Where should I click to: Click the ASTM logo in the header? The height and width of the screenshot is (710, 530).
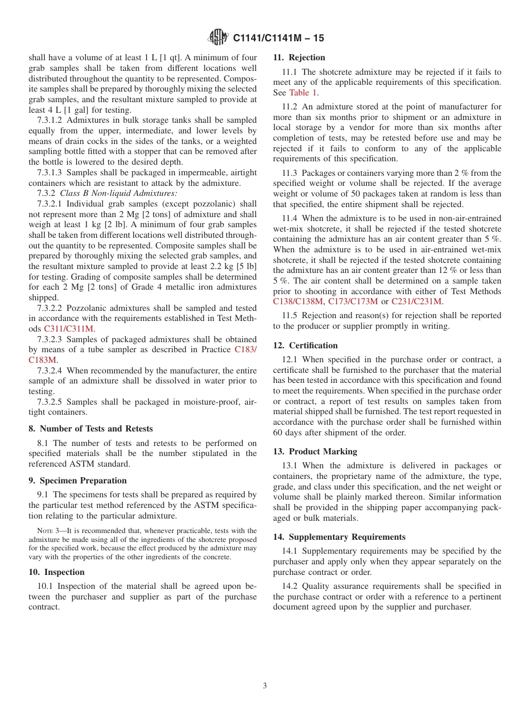coord(218,37)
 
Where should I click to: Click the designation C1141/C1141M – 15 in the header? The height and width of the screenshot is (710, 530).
coord(278,38)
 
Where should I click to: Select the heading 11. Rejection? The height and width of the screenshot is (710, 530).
coord(299,57)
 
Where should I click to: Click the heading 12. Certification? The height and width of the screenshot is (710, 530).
coord(305,346)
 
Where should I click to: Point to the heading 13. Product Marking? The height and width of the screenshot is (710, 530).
coord(315,451)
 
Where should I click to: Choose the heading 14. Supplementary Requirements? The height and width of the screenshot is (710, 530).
coord(339,537)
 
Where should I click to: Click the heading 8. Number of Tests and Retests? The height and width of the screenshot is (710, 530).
coord(90,429)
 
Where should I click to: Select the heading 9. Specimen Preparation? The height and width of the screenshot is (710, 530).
coord(78,481)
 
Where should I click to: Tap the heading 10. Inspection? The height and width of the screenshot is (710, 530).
coord(56,572)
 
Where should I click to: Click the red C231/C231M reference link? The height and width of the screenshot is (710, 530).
coord(417,301)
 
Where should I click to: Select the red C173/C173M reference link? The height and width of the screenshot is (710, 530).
coord(354,301)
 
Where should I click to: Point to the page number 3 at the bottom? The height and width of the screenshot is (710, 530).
coord(265,685)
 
